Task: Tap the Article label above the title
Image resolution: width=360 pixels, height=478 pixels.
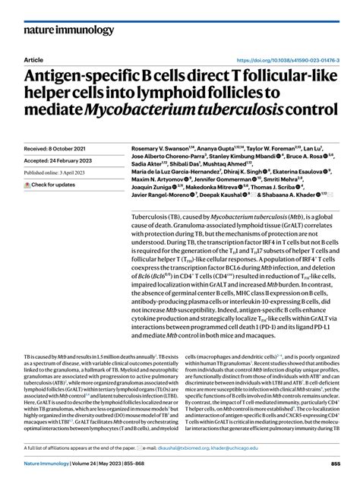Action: click(34, 60)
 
